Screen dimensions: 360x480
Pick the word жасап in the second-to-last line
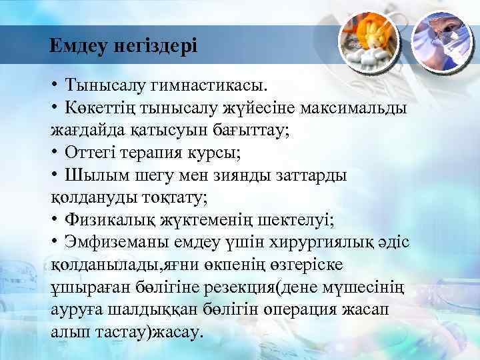[x=357, y=310]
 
